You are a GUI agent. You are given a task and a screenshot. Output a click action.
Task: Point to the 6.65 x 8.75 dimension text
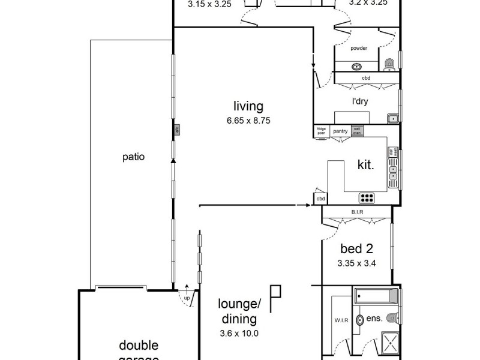[x=248, y=120]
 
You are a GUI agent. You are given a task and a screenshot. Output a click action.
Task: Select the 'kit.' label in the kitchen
[x=365, y=165]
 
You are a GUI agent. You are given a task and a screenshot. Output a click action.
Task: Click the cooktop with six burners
[x=367, y=197]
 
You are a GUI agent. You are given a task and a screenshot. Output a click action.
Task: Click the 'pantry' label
[x=340, y=130]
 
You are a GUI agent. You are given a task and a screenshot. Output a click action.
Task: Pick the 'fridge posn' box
[x=321, y=130]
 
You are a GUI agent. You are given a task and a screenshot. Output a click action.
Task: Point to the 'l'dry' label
[x=359, y=101]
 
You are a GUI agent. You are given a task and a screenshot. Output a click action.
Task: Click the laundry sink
[x=392, y=118]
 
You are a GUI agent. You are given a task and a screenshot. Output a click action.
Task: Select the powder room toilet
[x=389, y=62]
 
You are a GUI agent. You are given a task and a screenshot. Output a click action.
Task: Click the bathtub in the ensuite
[x=376, y=296]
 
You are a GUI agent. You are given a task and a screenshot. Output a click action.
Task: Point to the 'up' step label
[x=187, y=298]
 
